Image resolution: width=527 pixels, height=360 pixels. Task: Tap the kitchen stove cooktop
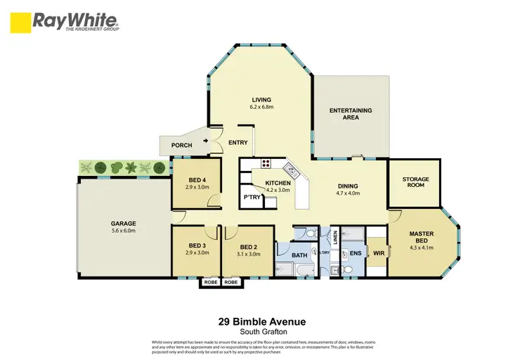(x=266, y=165)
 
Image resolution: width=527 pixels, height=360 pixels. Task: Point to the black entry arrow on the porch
(x=205, y=141)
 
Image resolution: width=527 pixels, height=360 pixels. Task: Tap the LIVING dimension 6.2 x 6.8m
(x=261, y=108)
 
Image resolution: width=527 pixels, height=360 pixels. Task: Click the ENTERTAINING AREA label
(x=351, y=114)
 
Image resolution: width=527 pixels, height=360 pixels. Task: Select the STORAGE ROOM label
(x=415, y=182)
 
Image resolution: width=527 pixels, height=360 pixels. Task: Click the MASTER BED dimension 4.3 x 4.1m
(x=422, y=245)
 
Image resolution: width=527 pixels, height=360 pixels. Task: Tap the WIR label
(x=377, y=252)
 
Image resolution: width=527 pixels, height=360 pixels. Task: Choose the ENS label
(x=356, y=252)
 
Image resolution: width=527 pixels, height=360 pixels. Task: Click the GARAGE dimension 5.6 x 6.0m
(x=123, y=231)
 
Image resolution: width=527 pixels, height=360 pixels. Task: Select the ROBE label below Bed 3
(x=210, y=282)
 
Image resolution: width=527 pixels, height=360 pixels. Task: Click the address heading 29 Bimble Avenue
(x=262, y=322)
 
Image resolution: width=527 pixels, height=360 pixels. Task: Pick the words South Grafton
(x=262, y=333)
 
